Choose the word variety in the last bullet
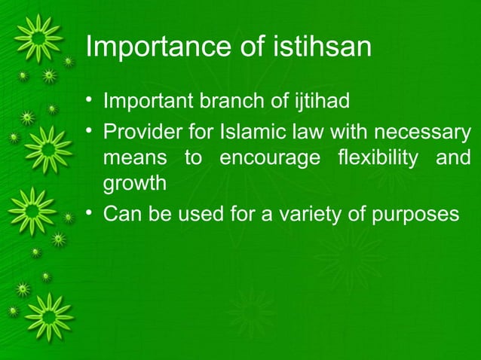[x=317, y=215]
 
